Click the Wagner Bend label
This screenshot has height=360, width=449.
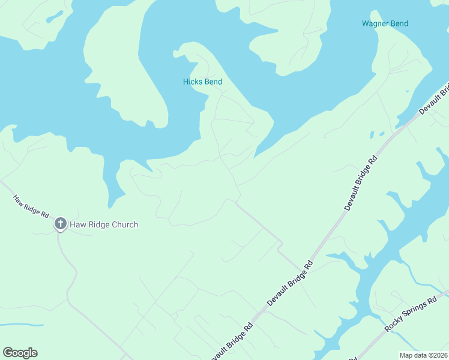point(385,24)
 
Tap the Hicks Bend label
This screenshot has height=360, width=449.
point(202,82)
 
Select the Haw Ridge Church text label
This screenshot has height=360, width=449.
point(104,225)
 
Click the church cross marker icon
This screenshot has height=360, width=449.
point(60,224)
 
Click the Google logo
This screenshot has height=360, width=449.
point(20,353)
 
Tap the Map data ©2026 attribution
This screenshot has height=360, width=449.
point(424,355)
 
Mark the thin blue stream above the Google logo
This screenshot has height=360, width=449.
point(22,326)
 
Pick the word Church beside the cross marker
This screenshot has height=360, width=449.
point(122,225)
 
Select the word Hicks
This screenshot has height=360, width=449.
point(193,82)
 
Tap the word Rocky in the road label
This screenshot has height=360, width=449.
point(393,324)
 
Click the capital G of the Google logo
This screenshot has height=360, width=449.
point(8,353)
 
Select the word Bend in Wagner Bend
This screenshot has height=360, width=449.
point(399,24)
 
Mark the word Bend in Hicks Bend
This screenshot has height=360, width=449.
point(212,82)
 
